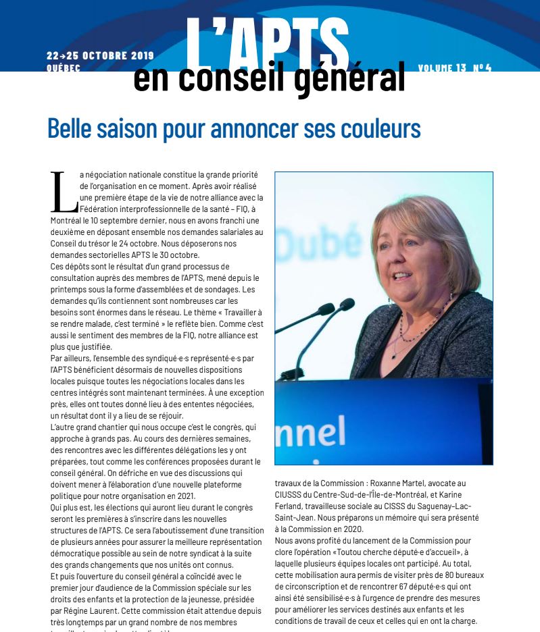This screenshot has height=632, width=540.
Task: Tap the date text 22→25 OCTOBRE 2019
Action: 101,55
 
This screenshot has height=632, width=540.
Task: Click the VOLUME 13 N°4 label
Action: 455,68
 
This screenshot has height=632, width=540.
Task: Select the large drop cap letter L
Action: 63,192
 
